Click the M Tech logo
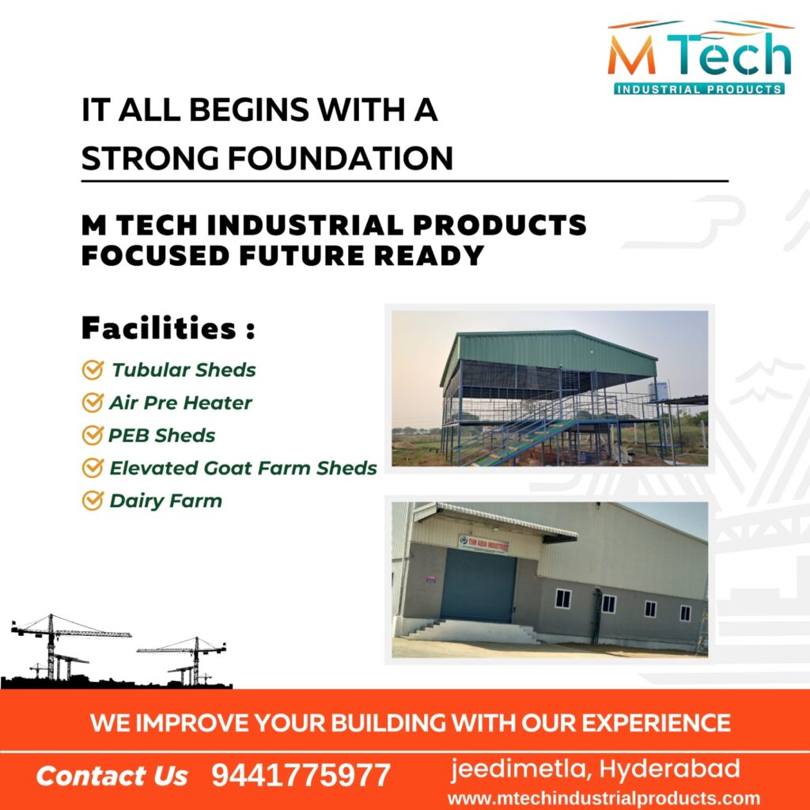coord(699,57)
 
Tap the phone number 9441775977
coord(301,775)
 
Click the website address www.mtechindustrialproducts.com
coord(604,799)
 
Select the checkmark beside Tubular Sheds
coord(93,370)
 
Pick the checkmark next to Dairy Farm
coord(93,501)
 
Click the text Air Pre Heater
coord(180,403)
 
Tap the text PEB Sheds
coord(161,436)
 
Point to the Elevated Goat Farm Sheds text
coord(244,468)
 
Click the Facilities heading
coord(168,328)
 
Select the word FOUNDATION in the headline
coord(340,158)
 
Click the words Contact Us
coord(112,776)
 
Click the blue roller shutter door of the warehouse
coord(478,585)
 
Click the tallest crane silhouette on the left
coord(51,645)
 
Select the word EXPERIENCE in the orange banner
coord(656,722)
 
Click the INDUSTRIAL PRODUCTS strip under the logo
coord(699,89)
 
